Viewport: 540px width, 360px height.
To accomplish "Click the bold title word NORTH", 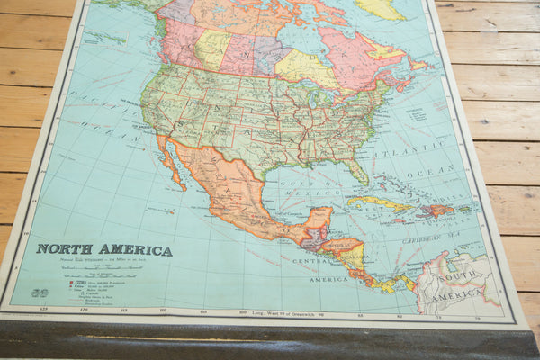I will [x=62, y=249].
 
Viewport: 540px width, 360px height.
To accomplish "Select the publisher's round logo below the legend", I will [x=39, y=292].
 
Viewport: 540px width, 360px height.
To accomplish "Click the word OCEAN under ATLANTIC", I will [x=442, y=168].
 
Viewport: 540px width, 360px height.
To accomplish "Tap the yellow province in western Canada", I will [x=211, y=49].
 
